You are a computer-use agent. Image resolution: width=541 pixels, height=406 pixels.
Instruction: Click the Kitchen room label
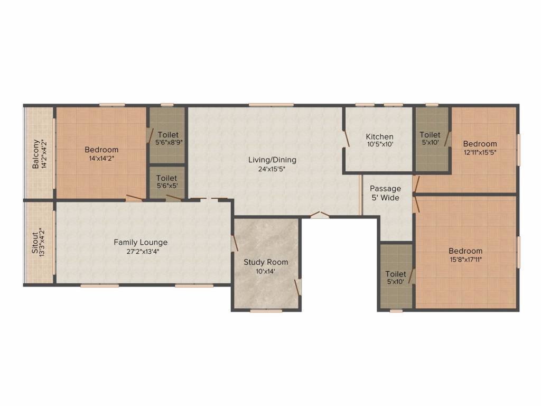(x=379, y=136)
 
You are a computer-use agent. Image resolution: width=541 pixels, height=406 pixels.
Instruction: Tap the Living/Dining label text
(x=272, y=160)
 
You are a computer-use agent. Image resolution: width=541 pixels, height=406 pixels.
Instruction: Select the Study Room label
(x=266, y=262)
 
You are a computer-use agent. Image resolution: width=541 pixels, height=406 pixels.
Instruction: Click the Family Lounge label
(x=141, y=243)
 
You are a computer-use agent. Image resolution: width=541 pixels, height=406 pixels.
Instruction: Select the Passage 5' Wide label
(x=385, y=193)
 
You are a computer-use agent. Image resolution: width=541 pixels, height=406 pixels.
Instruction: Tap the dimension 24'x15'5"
(x=272, y=169)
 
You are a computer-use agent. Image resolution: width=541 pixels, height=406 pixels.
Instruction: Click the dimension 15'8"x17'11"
(x=465, y=260)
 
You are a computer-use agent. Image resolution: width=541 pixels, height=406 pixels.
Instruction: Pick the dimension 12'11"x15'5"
(x=480, y=152)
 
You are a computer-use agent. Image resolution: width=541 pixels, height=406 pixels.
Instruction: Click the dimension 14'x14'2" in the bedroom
(x=101, y=158)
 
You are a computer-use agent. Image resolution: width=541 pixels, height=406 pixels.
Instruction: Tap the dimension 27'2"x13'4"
(x=141, y=252)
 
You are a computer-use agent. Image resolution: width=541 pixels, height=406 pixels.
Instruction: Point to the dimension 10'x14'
(x=266, y=271)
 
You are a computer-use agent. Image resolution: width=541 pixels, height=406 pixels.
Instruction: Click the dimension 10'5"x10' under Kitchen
(x=379, y=144)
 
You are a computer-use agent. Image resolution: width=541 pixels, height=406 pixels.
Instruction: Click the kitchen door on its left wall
(x=346, y=139)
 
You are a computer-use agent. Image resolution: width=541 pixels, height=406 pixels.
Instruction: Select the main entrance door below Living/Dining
(x=319, y=215)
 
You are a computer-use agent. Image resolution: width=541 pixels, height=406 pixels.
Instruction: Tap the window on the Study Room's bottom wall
(x=266, y=311)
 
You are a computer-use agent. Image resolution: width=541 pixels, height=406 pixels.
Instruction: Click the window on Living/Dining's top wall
(x=271, y=105)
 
